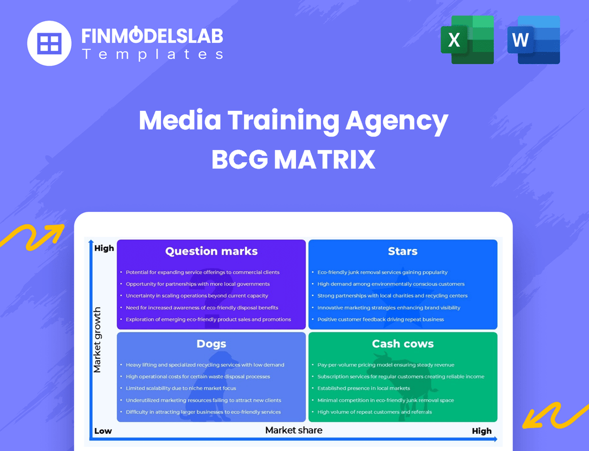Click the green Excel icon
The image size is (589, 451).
tap(466, 40)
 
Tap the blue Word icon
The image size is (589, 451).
tap(533, 40)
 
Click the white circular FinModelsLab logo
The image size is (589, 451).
tap(50, 43)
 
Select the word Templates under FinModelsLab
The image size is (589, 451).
tap(152, 54)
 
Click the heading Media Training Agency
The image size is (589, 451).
tap(293, 120)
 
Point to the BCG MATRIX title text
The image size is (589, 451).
tap(293, 159)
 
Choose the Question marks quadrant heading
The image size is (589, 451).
tap(211, 251)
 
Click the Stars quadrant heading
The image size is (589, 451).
tap(403, 251)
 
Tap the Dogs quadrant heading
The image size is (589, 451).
tap(211, 344)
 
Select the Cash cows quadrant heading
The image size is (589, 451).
tap(403, 344)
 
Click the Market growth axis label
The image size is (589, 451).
tap(97, 340)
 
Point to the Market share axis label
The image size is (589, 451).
tap(293, 430)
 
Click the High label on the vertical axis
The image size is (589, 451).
tap(104, 248)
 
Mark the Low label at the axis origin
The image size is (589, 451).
tap(103, 431)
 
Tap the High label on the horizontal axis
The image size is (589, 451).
tap(481, 431)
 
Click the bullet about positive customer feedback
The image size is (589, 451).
tap(380, 319)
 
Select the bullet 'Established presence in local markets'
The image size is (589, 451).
tap(363, 388)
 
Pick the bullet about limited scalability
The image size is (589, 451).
tap(180, 388)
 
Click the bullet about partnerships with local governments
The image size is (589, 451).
tap(198, 284)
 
